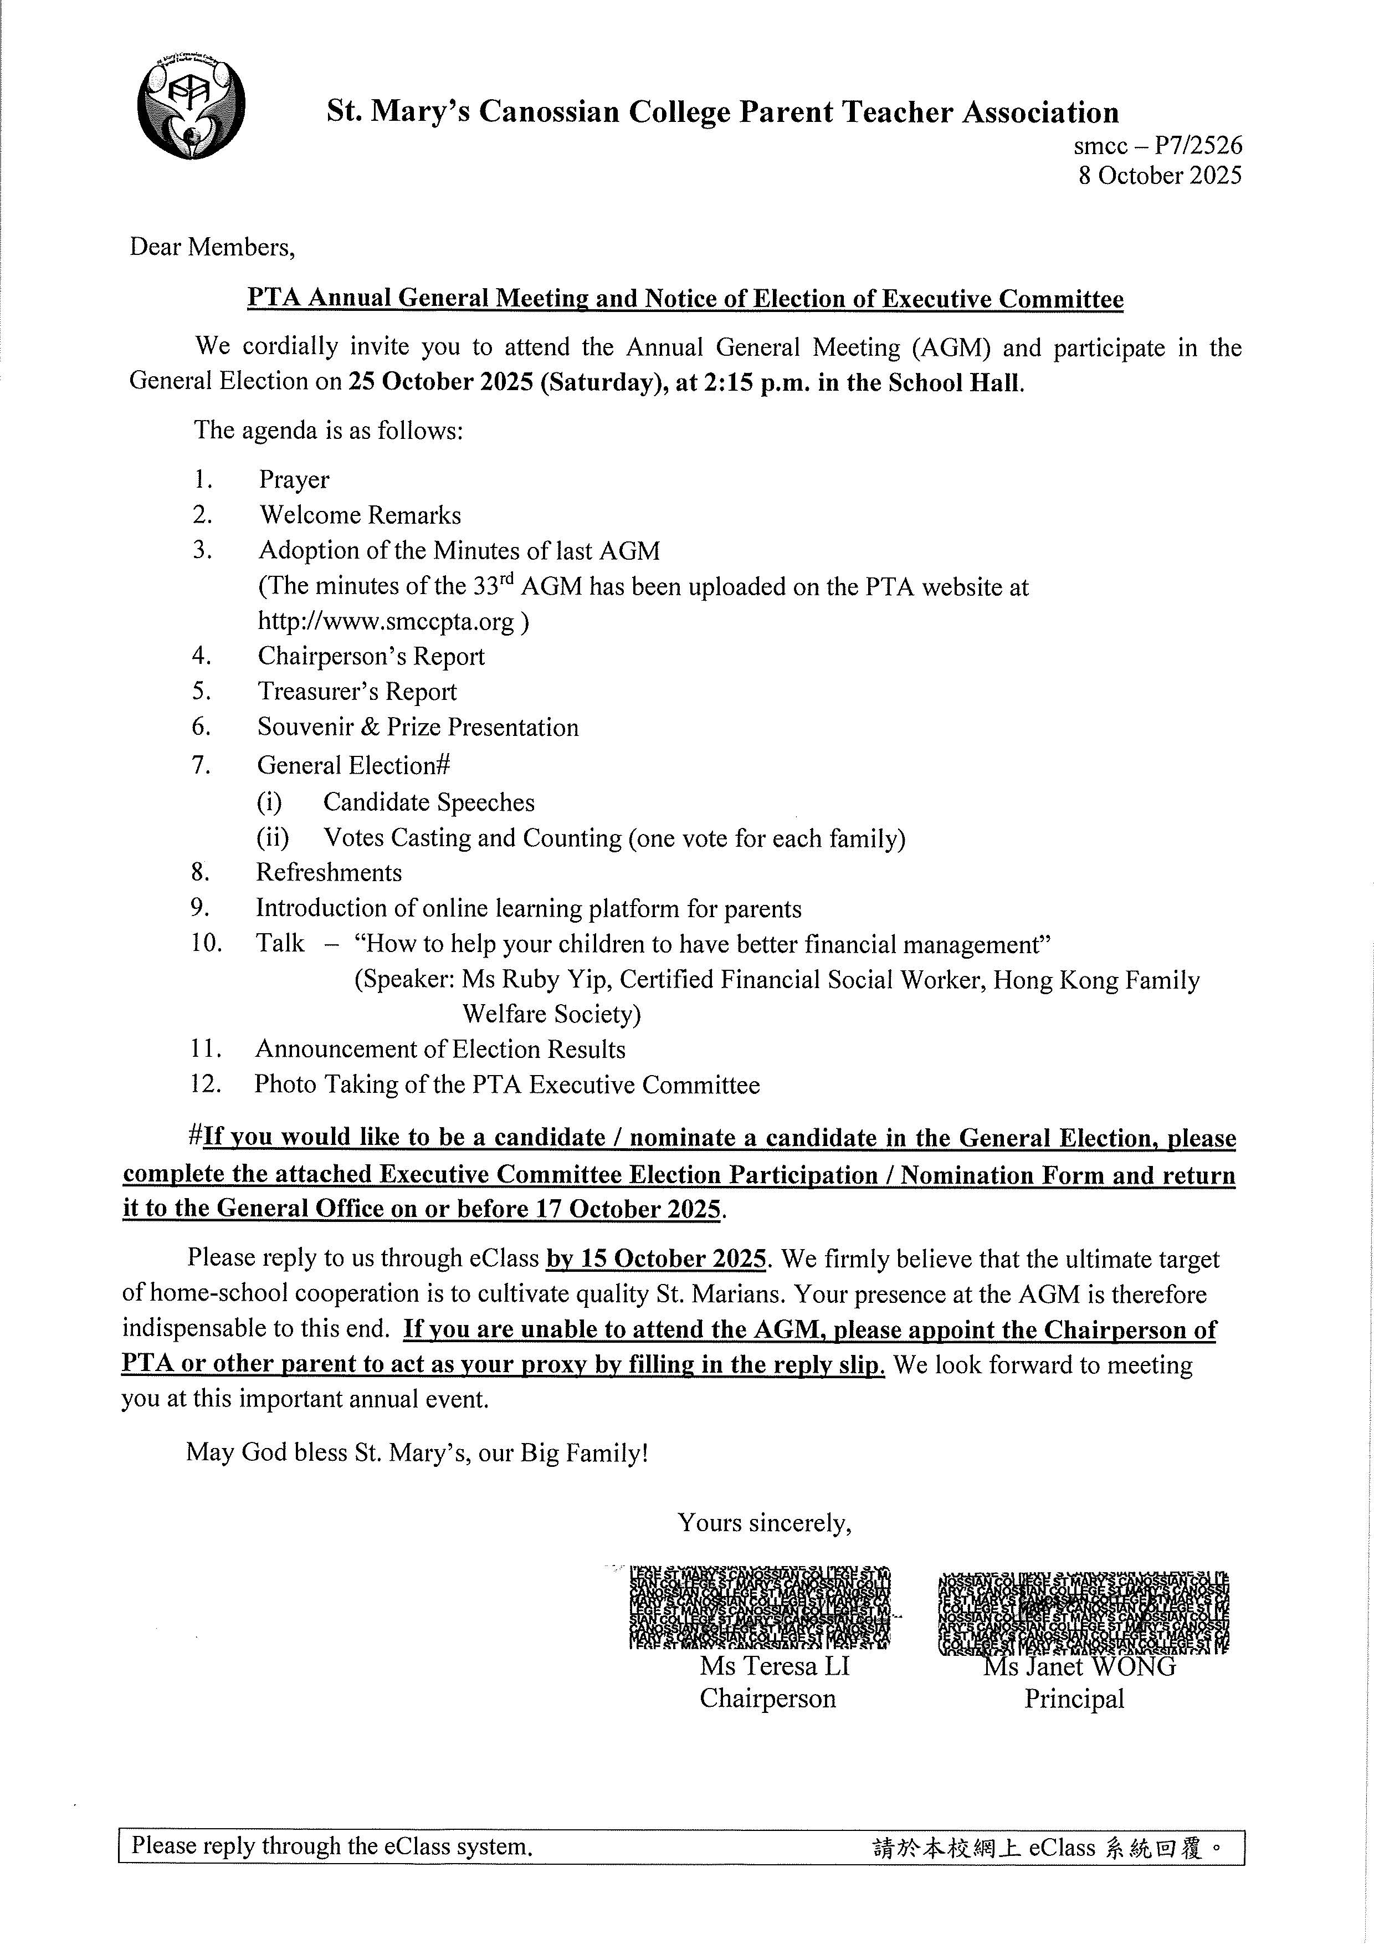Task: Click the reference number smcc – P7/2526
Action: [1157, 146]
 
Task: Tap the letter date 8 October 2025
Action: [1159, 175]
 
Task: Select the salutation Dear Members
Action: [212, 247]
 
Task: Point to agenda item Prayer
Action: [294, 480]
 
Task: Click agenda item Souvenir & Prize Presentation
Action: [418, 727]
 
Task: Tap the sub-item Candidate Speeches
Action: [428, 802]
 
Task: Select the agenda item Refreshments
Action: [329, 873]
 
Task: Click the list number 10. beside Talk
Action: [206, 943]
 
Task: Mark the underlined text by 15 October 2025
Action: [656, 1259]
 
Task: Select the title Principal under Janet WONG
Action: [1074, 1699]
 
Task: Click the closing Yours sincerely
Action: [763, 1523]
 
